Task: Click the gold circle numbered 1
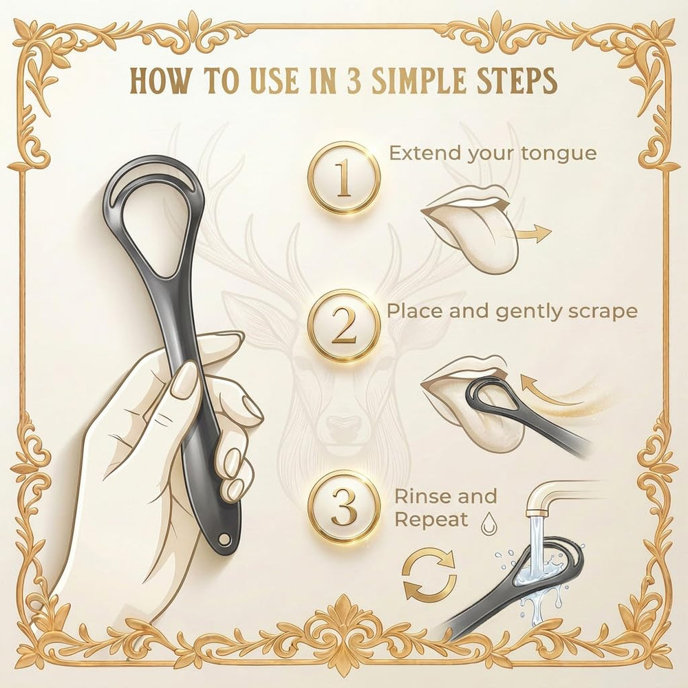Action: (343, 178)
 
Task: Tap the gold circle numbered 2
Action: (343, 326)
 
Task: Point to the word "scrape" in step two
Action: (603, 312)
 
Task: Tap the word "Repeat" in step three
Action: (432, 520)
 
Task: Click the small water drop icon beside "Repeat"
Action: (487, 524)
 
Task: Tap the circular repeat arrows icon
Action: (429, 575)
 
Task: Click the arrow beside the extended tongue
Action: (533, 233)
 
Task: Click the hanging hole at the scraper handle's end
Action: (226, 538)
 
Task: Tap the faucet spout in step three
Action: (544, 497)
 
